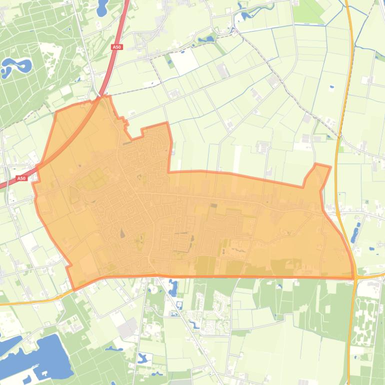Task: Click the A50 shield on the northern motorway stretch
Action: pos(116,47)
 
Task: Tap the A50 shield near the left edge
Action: pos(21,178)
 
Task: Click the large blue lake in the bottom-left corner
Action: pos(47,354)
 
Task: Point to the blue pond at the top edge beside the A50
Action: pos(102,7)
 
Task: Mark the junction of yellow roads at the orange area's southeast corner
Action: pos(354,276)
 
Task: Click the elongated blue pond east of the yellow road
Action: pos(355,233)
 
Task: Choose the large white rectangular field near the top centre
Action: pos(185,61)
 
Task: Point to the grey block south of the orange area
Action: pos(127,327)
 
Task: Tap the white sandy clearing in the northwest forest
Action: pos(49,52)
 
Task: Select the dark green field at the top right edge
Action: pos(307,12)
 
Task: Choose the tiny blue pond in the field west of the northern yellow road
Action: pos(331,87)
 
